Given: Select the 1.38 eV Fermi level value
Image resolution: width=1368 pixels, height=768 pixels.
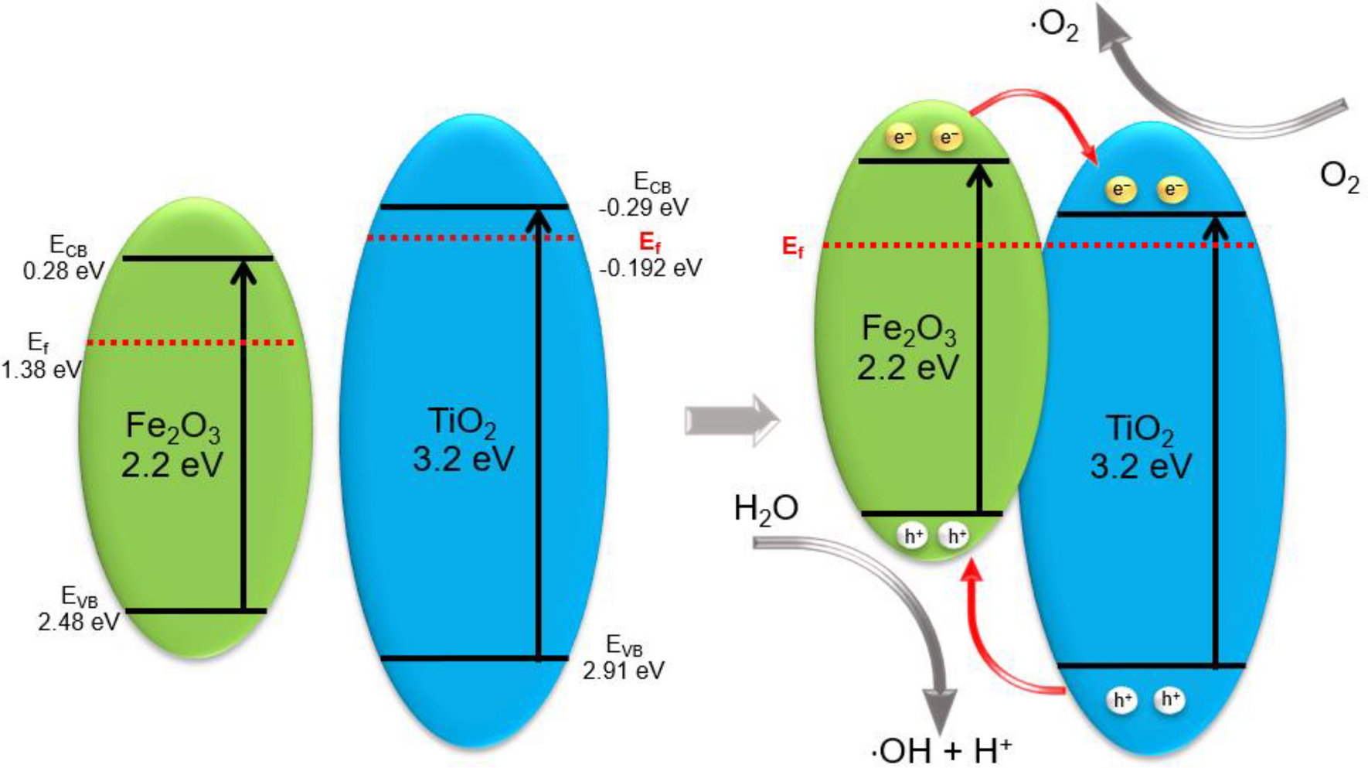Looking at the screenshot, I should coord(41,369).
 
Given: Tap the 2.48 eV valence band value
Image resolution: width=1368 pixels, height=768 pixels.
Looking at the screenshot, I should coord(79,621).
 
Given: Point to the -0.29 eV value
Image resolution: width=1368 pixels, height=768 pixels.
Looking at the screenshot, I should coord(643,207).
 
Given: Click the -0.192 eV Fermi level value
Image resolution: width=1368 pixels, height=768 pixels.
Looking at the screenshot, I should coord(651,268).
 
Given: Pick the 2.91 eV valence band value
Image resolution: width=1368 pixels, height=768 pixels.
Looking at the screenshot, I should coord(624,670).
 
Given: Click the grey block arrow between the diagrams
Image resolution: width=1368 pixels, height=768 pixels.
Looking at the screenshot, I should coord(731,420).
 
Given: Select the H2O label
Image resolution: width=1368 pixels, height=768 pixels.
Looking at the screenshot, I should coord(765,509).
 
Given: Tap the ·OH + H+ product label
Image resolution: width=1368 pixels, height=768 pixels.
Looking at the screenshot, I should coord(941,749).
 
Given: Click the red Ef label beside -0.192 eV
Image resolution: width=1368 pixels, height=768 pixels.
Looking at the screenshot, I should coord(650,243).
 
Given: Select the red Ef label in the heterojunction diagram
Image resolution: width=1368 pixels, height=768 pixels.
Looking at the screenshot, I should coord(793,247).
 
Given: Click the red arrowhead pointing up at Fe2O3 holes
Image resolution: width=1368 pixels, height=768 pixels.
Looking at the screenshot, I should coord(973,570).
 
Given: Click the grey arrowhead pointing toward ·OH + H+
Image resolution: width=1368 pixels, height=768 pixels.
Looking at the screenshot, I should coord(941,709).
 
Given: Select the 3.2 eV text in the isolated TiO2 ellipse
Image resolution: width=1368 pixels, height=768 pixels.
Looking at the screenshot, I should coord(463,459).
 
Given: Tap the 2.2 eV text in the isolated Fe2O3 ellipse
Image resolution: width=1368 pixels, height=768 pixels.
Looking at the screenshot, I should coord(172,464).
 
